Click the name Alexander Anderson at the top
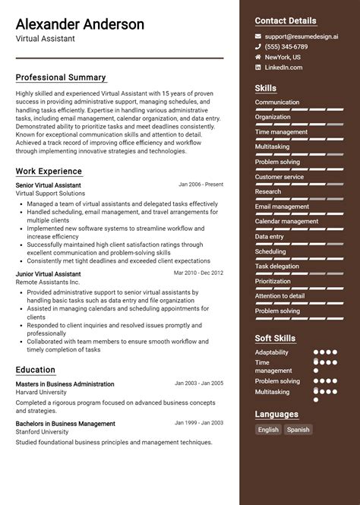pyautogui.click(x=80, y=24)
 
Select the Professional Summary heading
pyautogui.click(x=61, y=77)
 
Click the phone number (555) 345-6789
pyautogui.click(x=286, y=46)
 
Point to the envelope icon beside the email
pyautogui.click(x=258, y=36)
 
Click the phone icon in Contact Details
pyautogui.click(x=258, y=46)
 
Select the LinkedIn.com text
pyautogui.click(x=283, y=68)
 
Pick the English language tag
pyautogui.click(x=268, y=430)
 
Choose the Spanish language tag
pyautogui.click(x=298, y=430)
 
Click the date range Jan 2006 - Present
pyautogui.click(x=201, y=184)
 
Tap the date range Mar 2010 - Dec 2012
pyautogui.click(x=198, y=272)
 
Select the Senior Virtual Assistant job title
pyautogui.click(x=48, y=185)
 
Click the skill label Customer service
pyautogui.click(x=279, y=177)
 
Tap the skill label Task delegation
pyautogui.click(x=277, y=267)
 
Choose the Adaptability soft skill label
pyautogui.click(x=272, y=352)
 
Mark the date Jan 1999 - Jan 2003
pyautogui.click(x=199, y=422)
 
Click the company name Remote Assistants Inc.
pyautogui.click(x=49, y=282)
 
